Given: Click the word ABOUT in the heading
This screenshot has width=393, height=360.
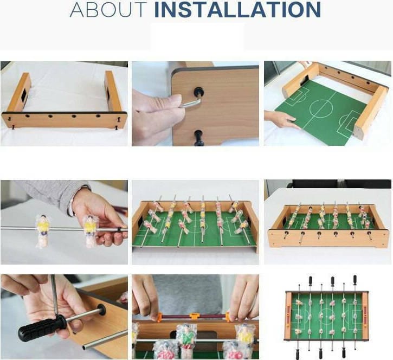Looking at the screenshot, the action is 108,10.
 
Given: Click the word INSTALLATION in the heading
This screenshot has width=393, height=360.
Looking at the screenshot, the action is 237,10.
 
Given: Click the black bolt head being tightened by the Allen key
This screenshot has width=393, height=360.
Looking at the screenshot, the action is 199,92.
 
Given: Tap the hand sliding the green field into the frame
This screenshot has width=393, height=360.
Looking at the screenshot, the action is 281,119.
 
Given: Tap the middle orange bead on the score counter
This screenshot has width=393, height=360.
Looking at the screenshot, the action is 194,317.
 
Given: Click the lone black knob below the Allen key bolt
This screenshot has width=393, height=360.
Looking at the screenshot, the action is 199,138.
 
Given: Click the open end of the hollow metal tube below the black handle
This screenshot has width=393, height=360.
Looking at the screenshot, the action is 85,347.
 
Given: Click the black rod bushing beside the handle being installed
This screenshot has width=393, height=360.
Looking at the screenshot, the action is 101,310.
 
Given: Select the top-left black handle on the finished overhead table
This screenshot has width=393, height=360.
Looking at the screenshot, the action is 310,281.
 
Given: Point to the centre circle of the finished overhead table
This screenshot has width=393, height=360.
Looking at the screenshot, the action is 327,315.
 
